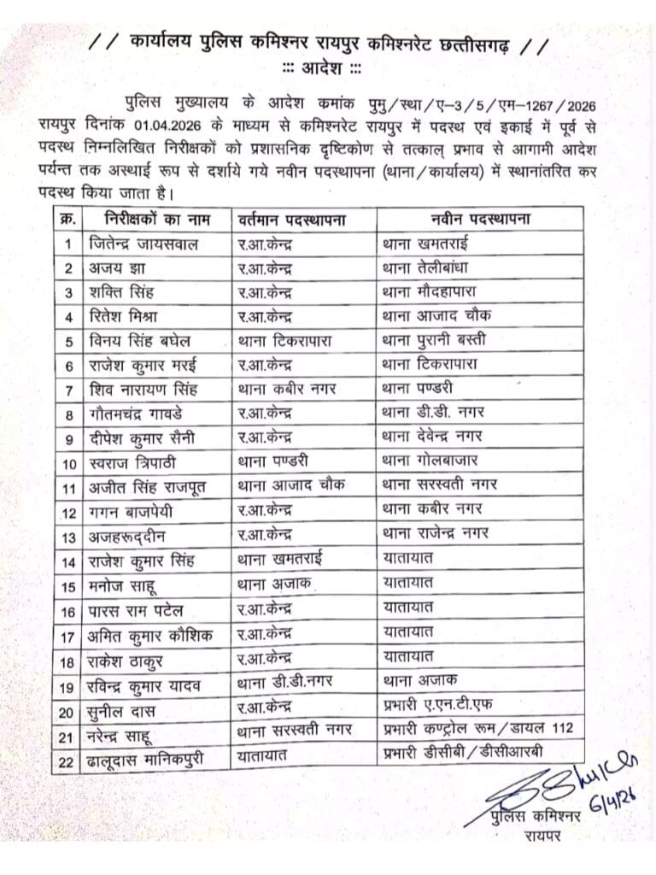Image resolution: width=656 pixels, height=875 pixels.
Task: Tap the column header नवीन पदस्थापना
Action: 472,219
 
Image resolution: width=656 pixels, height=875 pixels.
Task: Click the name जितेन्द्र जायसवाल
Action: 143,244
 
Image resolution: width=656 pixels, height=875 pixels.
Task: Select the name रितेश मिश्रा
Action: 126,316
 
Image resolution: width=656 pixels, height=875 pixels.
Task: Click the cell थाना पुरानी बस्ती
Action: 435,341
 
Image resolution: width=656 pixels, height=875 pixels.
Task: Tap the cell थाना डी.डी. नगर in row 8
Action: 434,414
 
